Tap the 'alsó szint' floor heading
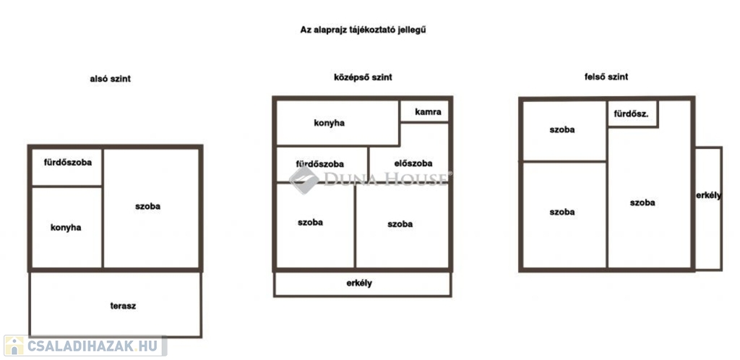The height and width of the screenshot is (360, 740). point(110,80)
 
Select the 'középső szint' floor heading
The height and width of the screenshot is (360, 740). point(363,77)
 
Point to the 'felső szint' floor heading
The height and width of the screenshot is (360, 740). point(606,77)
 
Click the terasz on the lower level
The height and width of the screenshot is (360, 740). point(116,304)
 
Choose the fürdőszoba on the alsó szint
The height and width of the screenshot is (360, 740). point(66,167)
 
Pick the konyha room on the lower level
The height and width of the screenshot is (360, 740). point(66,228)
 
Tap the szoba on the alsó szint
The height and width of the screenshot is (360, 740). point(152,208)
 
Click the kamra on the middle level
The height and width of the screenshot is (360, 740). point(425,111)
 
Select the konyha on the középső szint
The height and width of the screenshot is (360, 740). point(337,123)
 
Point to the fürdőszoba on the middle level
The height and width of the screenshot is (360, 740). point(322,164)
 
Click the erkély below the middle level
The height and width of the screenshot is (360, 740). point(363,284)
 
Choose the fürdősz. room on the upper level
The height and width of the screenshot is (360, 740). point(632,113)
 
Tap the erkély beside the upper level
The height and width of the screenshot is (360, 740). point(708,208)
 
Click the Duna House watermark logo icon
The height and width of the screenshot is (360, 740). point(304,179)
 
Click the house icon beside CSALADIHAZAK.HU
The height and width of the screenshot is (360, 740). point(14,346)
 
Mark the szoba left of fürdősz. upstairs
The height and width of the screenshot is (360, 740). point(564,130)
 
